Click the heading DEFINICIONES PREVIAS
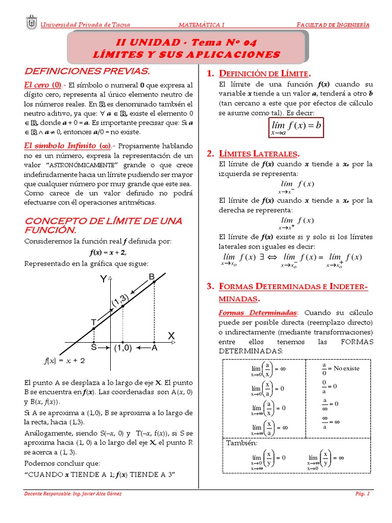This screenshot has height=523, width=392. (87, 70)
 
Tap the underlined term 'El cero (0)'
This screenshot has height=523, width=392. (43, 85)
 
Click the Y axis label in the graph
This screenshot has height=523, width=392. (104, 279)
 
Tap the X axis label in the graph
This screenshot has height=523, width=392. (171, 335)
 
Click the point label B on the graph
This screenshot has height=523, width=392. (152, 277)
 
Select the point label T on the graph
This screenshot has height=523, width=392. (93, 322)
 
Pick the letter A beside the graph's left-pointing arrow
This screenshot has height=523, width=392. (154, 348)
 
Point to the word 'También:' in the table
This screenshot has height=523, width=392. (242, 442)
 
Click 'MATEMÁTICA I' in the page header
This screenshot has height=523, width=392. (202, 25)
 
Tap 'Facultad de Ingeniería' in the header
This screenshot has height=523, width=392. (333, 25)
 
